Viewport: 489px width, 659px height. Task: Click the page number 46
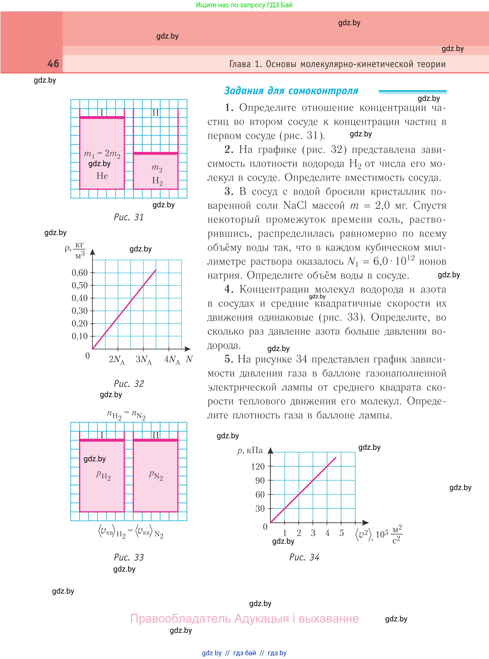(53, 64)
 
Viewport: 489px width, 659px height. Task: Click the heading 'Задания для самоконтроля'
(291, 91)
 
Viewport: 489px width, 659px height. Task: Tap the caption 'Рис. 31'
(129, 217)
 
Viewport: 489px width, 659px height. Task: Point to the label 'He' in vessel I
(102, 176)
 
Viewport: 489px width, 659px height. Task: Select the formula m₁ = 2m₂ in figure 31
(102, 154)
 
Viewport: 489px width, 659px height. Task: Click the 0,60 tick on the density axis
(80, 273)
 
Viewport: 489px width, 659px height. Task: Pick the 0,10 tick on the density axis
(80, 336)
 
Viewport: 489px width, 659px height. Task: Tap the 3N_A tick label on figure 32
(144, 360)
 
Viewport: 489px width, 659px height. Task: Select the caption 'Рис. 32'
(129, 384)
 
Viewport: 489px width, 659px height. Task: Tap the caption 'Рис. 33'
(129, 557)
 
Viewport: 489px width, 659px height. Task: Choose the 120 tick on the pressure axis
(258, 467)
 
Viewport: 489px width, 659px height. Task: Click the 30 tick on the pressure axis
(260, 509)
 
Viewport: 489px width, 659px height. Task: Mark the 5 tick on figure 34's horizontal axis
(342, 533)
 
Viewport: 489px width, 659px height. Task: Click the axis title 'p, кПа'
(250, 450)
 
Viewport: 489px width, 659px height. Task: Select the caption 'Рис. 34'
(304, 557)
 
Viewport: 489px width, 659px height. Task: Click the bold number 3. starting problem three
(229, 191)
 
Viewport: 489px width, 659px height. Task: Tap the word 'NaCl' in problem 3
(295, 205)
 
